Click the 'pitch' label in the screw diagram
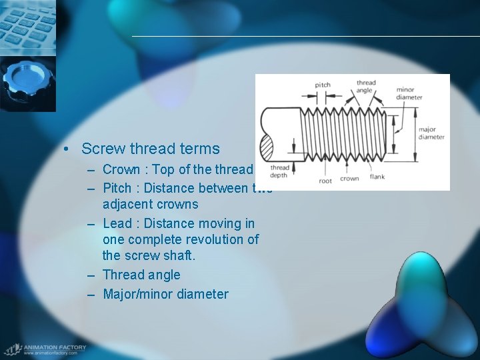coord(323,85)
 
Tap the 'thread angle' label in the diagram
coord(365,87)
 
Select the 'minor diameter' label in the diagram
coord(409,93)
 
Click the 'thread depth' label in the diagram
coord(280,171)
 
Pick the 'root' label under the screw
coord(325,181)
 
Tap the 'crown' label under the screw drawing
coord(349,179)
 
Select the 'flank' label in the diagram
coord(377,177)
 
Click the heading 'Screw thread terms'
coord(150,149)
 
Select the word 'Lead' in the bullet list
coord(117,223)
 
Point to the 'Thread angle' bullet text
coord(141,275)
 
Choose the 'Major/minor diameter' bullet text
coord(165,294)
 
